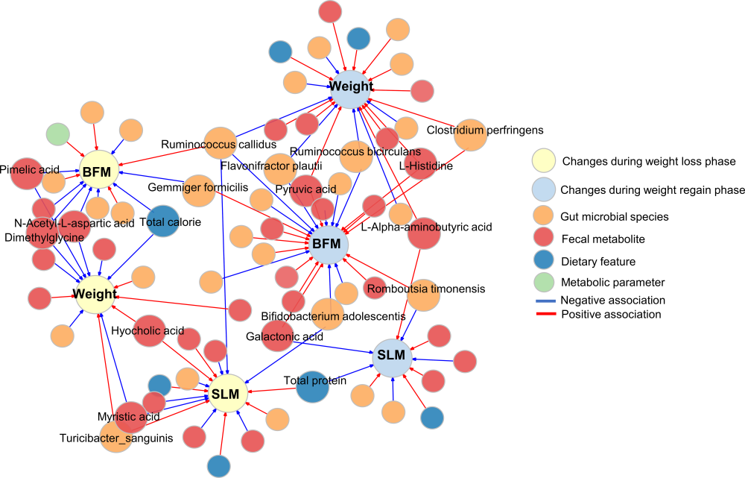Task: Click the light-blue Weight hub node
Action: coord(351,87)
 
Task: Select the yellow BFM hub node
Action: coord(98,172)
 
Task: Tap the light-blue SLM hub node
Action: coord(391,356)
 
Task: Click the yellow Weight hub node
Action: coord(94,295)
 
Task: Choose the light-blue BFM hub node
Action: coord(326,243)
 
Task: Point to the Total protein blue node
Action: coord(312,384)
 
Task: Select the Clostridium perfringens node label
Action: coord(485,130)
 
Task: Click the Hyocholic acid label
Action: coord(147,330)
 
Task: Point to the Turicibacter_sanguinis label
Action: coord(116,438)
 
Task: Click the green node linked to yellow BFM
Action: coord(57,136)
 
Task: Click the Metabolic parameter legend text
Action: coord(612,283)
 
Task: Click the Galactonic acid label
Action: coord(284,337)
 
